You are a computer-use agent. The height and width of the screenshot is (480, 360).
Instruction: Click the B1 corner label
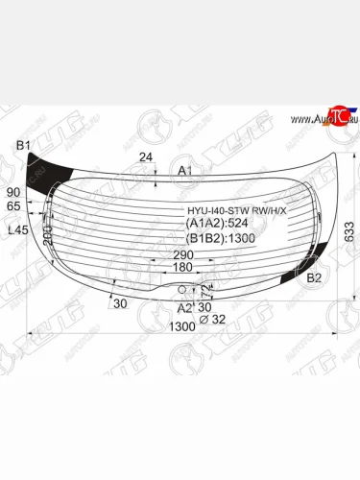tap(24, 146)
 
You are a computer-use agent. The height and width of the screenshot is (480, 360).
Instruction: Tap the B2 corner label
tap(314, 278)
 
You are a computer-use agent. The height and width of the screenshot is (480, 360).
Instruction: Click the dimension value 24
tap(145, 156)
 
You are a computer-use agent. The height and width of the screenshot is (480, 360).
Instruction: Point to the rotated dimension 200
tap(47, 234)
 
